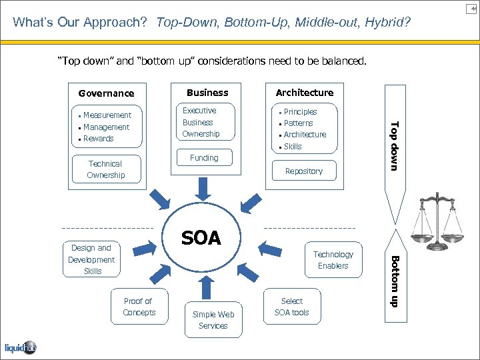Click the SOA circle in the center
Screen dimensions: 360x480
point(201,239)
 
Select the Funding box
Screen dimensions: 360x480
point(204,158)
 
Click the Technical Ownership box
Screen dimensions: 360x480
point(105,169)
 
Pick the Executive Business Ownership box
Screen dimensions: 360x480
point(201,123)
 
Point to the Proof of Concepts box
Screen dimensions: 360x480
point(139,307)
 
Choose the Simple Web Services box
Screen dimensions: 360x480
point(213,320)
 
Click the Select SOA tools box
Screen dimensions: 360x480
point(291,307)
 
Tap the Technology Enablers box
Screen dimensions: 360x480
point(333,260)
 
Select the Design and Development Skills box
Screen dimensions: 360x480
point(92,259)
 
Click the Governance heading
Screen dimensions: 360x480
point(106,93)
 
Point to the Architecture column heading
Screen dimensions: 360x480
point(304,93)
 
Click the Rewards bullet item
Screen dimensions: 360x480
point(98,139)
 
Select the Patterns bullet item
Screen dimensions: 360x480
point(298,123)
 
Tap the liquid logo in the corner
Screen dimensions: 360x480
point(20,347)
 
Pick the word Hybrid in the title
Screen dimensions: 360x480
point(387,23)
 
